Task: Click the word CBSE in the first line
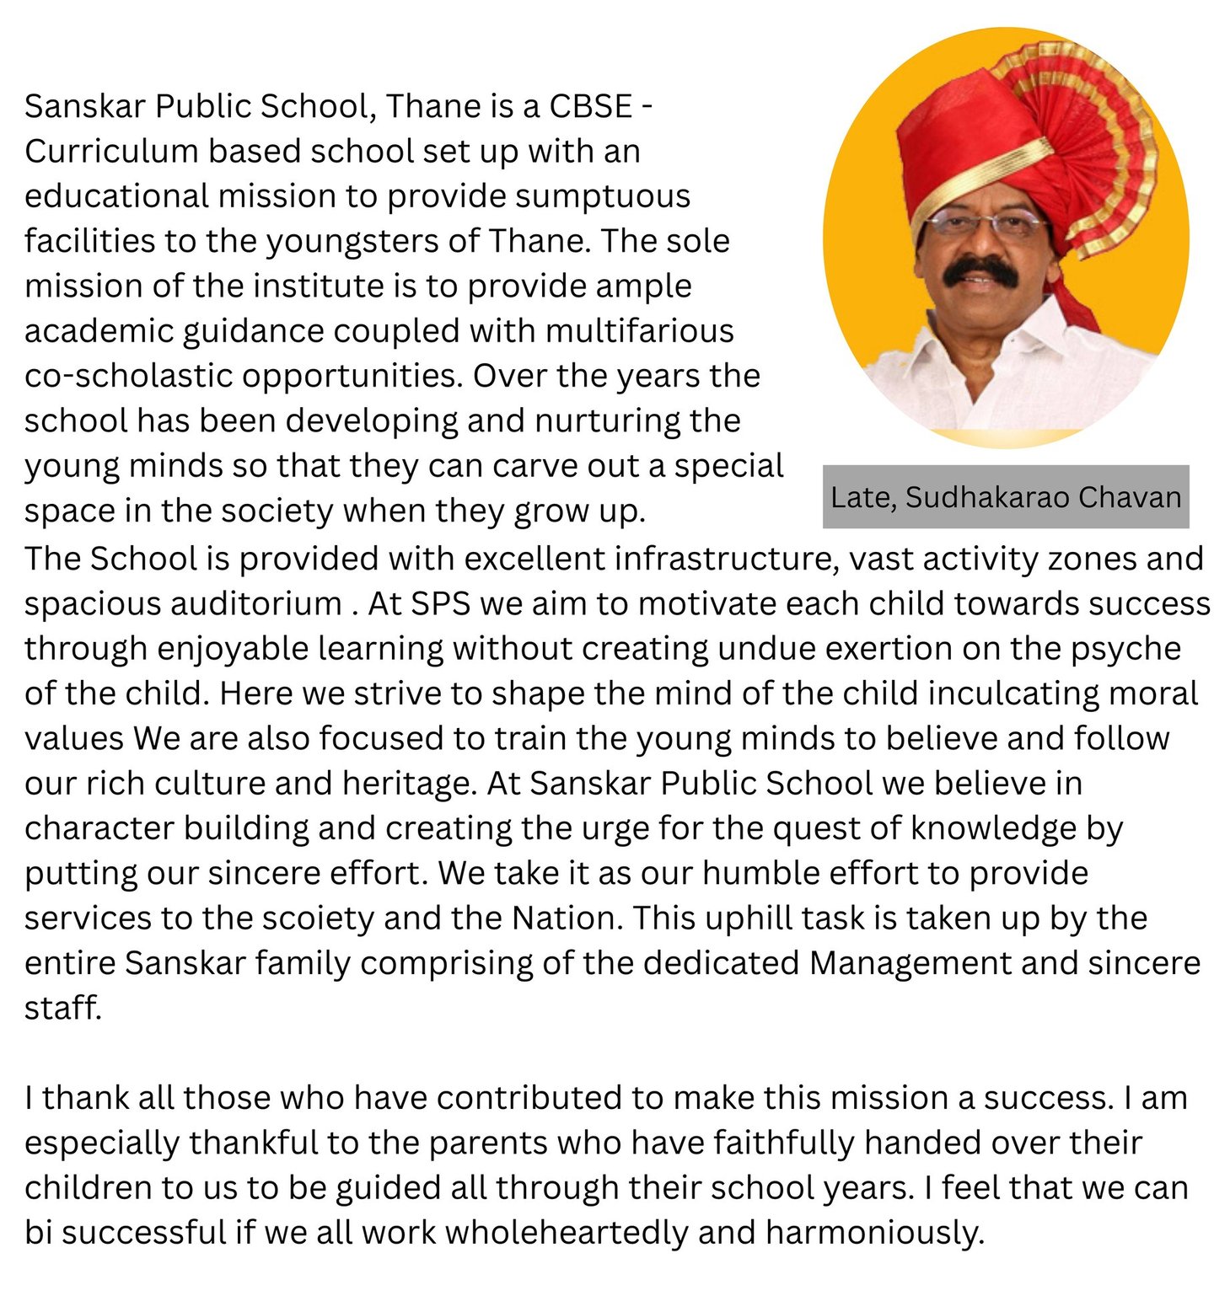coord(590,107)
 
